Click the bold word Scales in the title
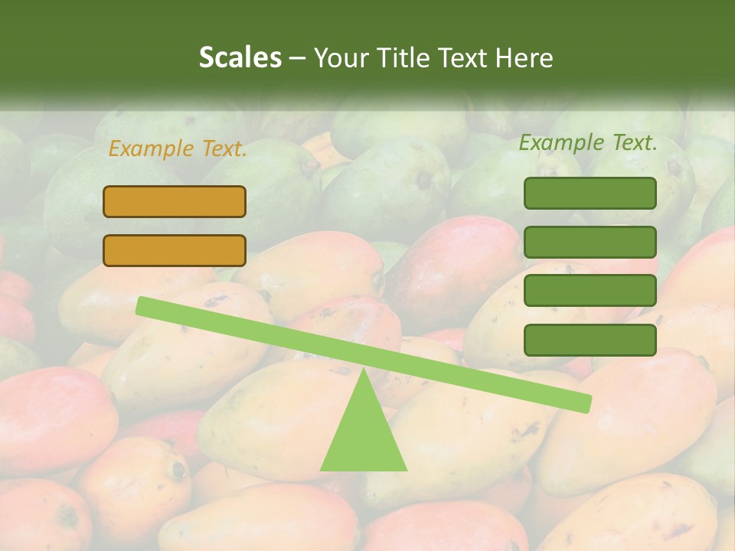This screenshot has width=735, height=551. (x=240, y=57)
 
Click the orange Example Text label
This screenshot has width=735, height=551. (x=178, y=149)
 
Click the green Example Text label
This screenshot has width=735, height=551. (x=588, y=142)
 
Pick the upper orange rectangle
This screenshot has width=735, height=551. (x=175, y=201)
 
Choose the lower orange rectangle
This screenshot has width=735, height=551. (x=175, y=250)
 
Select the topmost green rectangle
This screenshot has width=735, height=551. (x=590, y=193)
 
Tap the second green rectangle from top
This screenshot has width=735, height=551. (x=590, y=242)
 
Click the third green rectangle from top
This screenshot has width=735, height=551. (x=590, y=291)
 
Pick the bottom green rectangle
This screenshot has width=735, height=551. (x=590, y=340)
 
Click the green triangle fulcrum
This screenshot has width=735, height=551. (x=363, y=436)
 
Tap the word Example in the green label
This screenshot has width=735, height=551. (x=562, y=142)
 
